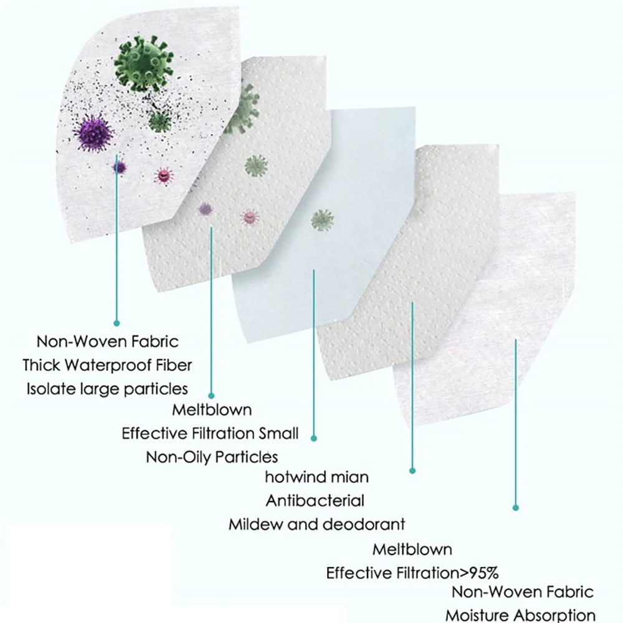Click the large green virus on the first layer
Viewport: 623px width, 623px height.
[x=144, y=64]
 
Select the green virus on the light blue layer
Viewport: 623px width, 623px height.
[x=322, y=220]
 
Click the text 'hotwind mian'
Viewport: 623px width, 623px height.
[x=316, y=477]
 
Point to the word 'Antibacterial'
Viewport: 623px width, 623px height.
[x=315, y=501]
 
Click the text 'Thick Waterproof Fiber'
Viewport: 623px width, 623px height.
[x=107, y=365]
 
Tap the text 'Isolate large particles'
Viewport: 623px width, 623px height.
[x=107, y=389]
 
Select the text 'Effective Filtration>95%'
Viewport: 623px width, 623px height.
[x=412, y=573]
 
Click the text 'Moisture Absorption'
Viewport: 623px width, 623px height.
[x=520, y=615]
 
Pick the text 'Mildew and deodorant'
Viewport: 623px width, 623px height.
[x=316, y=525]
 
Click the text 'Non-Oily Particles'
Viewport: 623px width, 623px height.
[x=212, y=457]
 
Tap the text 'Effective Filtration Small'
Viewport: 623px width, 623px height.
[x=210, y=433]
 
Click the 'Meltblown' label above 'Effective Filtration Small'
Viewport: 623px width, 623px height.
[x=212, y=410]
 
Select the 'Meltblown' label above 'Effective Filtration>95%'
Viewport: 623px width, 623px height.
[x=412, y=549]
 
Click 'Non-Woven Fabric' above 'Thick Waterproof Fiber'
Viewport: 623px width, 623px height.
[x=107, y=341]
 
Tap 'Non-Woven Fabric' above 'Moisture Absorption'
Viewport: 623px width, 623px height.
[x=523, y=592]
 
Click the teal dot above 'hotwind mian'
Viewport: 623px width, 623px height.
[x=313, y=438]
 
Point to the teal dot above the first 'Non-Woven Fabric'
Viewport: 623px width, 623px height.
[x=117, y=323]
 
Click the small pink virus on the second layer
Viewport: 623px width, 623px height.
[x=250, y=217]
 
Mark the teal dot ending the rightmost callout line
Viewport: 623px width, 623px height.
[x=515, y=508]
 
